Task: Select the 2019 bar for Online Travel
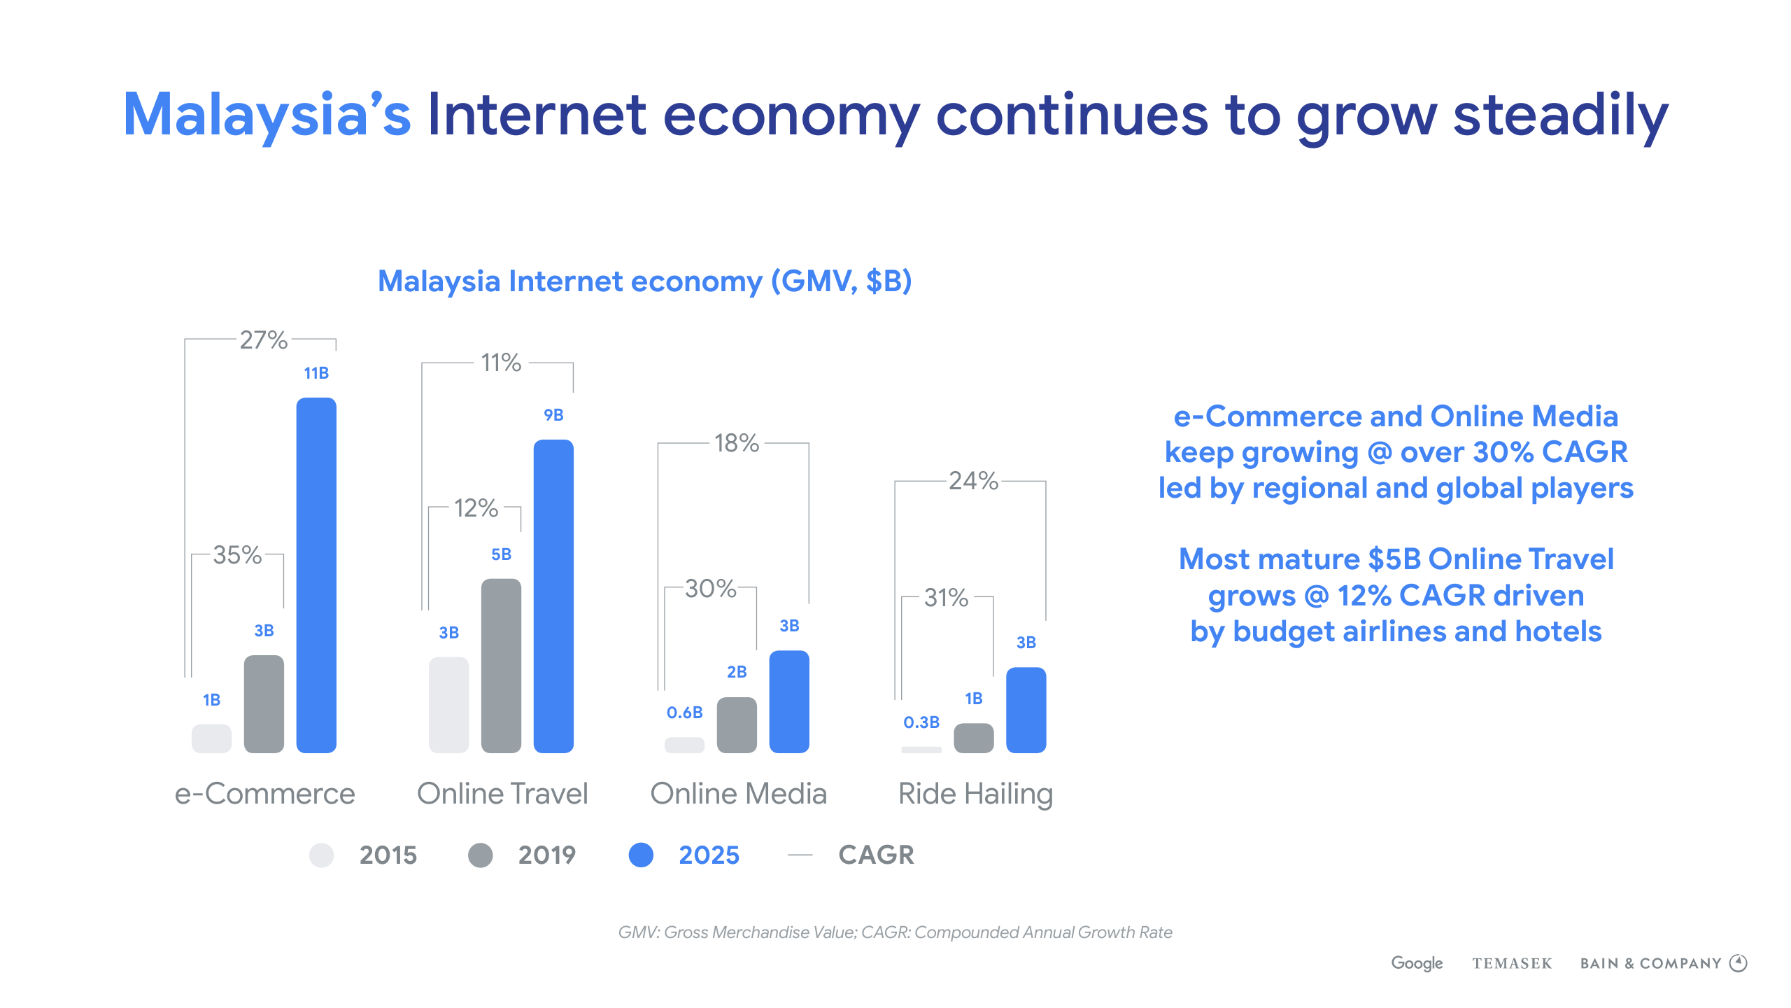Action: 501,666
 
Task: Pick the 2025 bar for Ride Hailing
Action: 1026,710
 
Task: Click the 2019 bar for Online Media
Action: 737,725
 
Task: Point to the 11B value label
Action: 316,373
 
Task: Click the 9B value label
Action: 553,415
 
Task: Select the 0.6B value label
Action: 684,713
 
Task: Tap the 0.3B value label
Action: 921,722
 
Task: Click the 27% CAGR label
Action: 263,340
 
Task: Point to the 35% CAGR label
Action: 237,555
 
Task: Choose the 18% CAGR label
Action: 736,443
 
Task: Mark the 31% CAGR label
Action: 946,598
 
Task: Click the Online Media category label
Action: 738,794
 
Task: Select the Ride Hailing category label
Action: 975,794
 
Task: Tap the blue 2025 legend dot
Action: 641,855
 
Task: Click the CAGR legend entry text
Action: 876,855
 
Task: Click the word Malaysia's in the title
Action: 267,115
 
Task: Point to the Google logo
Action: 1417,963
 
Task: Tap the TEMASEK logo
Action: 1512,964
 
